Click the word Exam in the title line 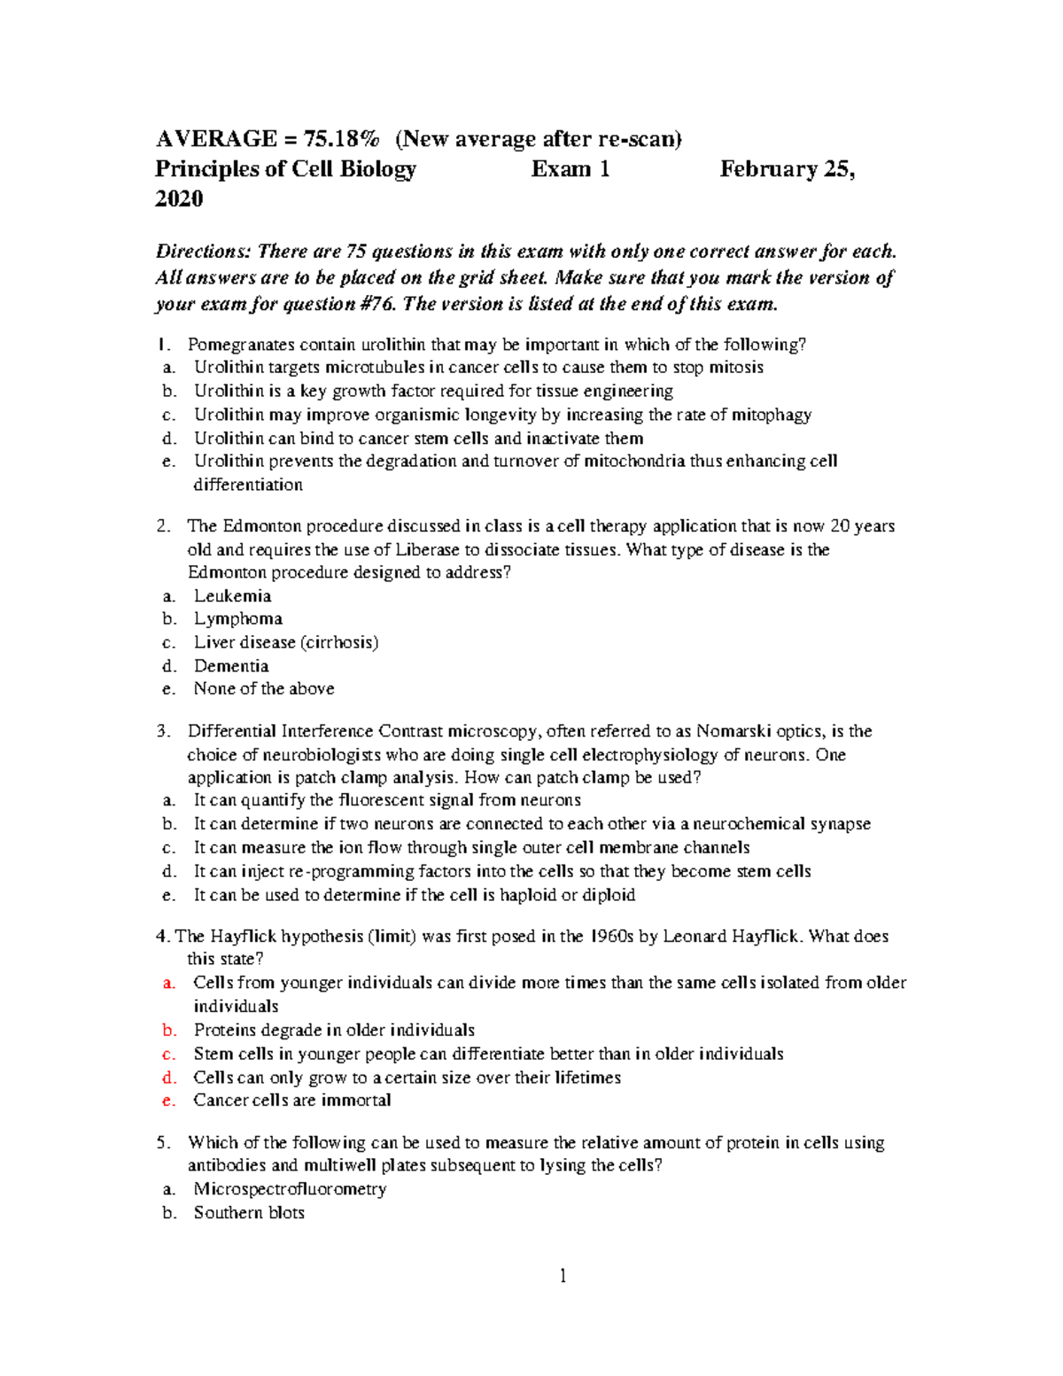pos(560,169)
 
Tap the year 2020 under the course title pos(179,198)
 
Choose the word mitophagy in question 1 pos(772,415)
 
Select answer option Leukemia pos(232,596)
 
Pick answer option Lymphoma pos(238,619)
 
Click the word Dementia pos(231,665)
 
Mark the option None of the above pos(264,688)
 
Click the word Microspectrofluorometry pos(290,1189)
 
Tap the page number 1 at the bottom pos(563,1276)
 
